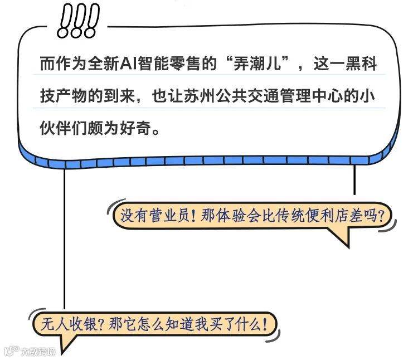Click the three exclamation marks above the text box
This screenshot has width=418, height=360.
tap(78, 22)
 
